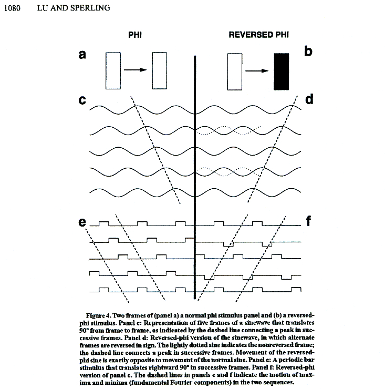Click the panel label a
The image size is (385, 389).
pos(82,54)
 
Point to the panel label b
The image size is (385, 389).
pos(308,52)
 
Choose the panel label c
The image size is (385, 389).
pos(82,99)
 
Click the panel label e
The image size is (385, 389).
pos(82,222)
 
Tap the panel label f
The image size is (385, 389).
pos(309,221)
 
